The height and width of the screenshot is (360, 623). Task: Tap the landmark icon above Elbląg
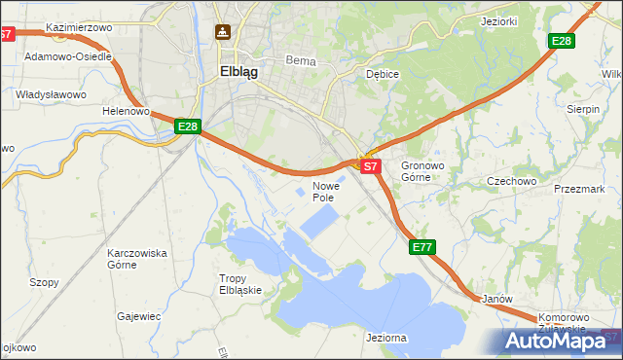pyautogui.click(x=223, y=31)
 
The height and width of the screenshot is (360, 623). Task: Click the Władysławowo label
pyautogui.click(x=52, y=94)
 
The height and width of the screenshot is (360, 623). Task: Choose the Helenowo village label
pyautogui.click(x=126, y=111)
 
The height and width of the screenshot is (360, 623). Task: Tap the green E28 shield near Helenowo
pyautogui.click(x=188, y=126)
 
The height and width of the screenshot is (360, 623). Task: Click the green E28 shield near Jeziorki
pyautogui.click(x=561, y=41)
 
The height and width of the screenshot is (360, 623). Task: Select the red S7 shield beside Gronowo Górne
pyautogui.click(x=370, y=166)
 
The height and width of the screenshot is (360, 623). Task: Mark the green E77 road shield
pyautogui.click(x=421, y=248)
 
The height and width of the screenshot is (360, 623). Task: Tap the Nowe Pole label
pyautogui.click(x=324, y=191)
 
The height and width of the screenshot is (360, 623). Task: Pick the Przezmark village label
pyautogui.click(x=579, y=189)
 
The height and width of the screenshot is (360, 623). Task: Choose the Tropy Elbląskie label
pyautogui.click(x=239, y=284)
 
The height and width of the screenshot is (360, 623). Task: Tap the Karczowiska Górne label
pyautogui.click(x=136, y=259)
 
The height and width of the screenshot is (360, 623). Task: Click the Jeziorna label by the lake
pyautogui.click(x=386, y=337)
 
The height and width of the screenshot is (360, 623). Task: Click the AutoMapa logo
pyautogui.click(x=556, y=342)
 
